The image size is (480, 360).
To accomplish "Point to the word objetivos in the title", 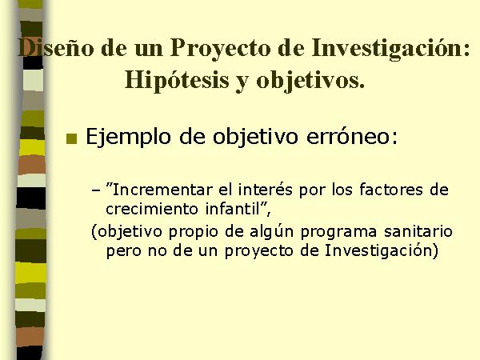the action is point(310,81).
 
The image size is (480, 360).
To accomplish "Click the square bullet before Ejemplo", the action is point(72,138).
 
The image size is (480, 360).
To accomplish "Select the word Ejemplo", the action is point(128,137).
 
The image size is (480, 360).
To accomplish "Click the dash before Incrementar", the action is point(96,190).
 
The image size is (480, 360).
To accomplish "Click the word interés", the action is point(266,190).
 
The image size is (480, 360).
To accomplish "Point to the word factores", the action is point(391,190).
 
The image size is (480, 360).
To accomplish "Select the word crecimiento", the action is point(152,210).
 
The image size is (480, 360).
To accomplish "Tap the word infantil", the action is point(232,209).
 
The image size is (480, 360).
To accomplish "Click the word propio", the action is point(195,232).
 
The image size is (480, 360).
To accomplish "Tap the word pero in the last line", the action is point(123,252).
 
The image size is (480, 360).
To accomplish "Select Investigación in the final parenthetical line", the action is point(378,251).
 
